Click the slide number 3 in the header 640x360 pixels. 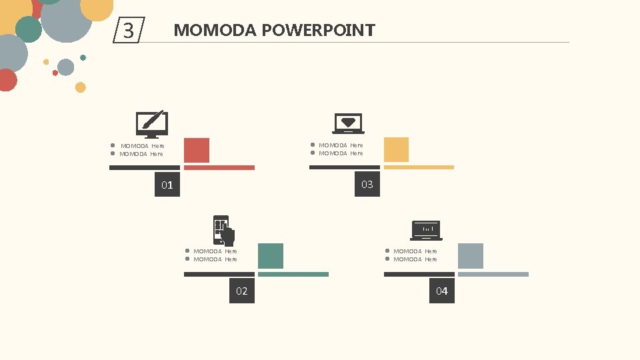coord(129,31)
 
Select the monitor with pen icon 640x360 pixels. coord(152,123)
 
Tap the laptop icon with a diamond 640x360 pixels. coord(348,123)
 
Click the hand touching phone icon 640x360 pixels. coord(224,230)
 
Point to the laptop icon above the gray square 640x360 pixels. coord(427,229)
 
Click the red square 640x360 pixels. coord(197,150)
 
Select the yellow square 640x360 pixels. coord(396,149)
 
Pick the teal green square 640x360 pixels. coord(270,256)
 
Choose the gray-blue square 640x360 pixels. coord(470,256)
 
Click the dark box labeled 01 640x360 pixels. coord(167,185)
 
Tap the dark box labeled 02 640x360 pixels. coord(242,291)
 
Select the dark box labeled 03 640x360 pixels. coord(367,184)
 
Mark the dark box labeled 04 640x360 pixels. coord(442,291)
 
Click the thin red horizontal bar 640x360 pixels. coord(219,167)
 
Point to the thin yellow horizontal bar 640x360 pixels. coord(419,167)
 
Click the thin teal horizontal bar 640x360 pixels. coord(293,274)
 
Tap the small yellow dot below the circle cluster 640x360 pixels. coord(80,87)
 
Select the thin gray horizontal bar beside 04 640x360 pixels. coord(493,274)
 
